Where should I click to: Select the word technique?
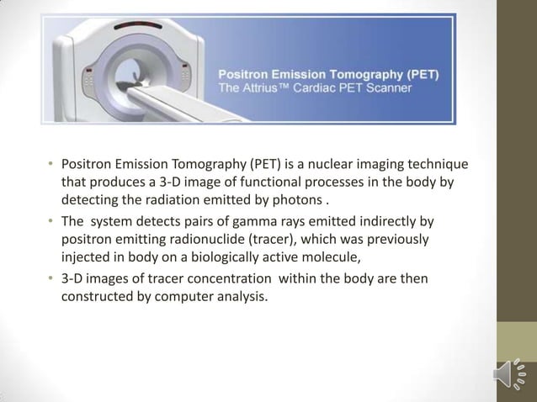(439, 163)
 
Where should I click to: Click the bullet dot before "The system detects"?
(50, 223)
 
